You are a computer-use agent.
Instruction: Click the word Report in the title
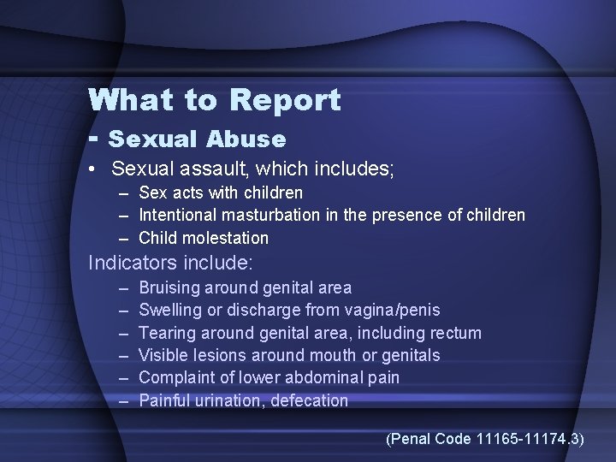click(285, 101)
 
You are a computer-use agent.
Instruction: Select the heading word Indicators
click(127, 263)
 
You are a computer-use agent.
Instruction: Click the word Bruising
click(169, 288)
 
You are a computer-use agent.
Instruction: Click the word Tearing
click(166, 333)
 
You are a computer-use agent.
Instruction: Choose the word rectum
click(453, 333)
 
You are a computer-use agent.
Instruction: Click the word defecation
click(310, 400)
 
